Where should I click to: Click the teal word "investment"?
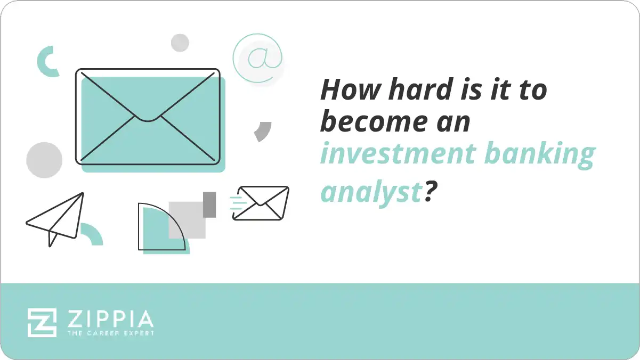click(396, 154)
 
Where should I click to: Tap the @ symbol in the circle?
click(258, 58)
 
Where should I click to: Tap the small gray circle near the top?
click(180, 43)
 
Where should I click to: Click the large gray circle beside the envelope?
click(44, 160)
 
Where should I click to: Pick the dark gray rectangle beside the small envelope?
click(209, 204)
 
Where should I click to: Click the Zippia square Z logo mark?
click(42, 322)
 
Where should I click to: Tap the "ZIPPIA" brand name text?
click(110, 319)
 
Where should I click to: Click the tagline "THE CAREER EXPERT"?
click(110, 333)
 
